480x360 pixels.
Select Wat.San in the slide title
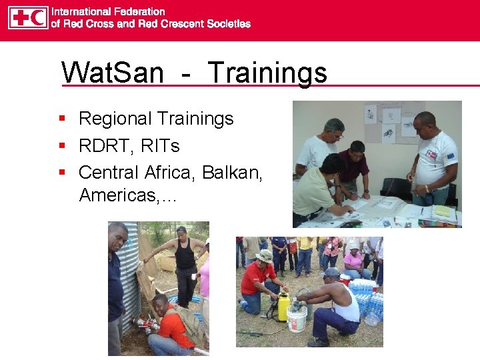pos(112,72)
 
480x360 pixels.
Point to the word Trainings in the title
pos(267,72)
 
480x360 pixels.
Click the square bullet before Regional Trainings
pos(61,119)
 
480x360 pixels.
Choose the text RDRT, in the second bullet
pos(104,145)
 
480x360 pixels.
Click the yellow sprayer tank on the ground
pos(283,307)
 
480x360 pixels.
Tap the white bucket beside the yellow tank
pos(297,319)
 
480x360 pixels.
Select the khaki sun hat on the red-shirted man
pos(265,256)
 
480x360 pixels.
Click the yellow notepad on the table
pos(443,211)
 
